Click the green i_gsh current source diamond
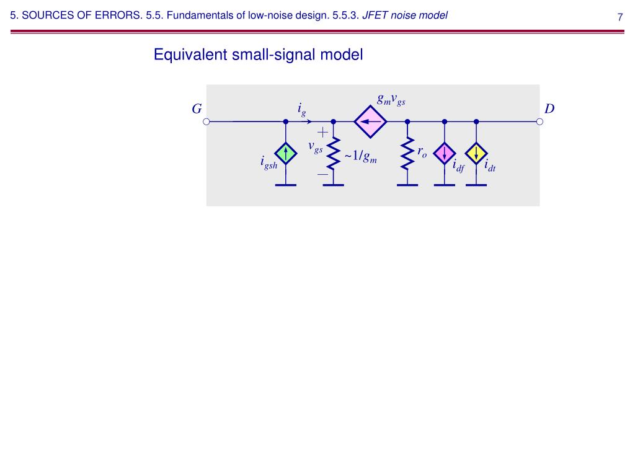[x=286, y=153]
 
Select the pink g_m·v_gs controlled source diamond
[x=370, y=121]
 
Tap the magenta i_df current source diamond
[x=445, y=153]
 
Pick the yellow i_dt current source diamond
[x=476, y=153]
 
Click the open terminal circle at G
[x=206, y=121]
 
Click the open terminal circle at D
[x=540, y=121]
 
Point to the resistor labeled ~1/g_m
[x=334, y=153]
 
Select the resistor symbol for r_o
[x=407, y=153]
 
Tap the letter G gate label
[x=197, y=109]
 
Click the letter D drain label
[x=549, y=109]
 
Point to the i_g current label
[x=302, y=110]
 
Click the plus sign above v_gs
[x=323, y=132]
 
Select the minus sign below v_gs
[x=323, y=175]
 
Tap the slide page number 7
[x=619, y=17]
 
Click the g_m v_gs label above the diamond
[x=391, y=99]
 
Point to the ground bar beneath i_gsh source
[x=286, y=185]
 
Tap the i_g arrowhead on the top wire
[x=309, y=121]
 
